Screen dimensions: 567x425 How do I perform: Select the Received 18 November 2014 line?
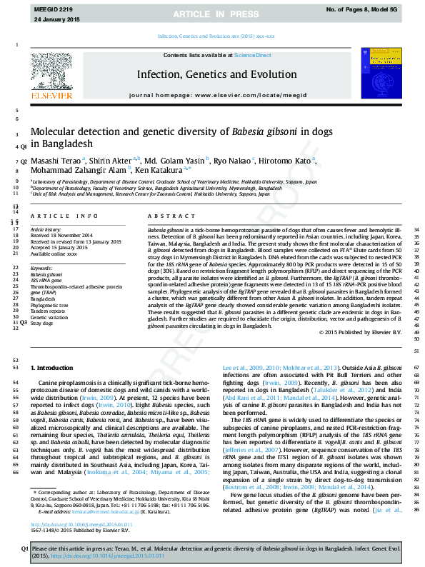(x=61, y=235)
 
